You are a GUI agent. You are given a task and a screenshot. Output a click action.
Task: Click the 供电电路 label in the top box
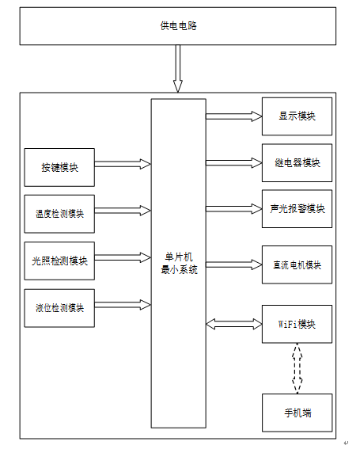click(178, 26)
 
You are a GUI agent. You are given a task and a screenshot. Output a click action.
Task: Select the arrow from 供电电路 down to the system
click(178, 68)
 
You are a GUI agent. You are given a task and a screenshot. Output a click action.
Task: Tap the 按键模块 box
click(59, 167)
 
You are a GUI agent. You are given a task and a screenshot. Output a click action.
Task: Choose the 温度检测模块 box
click(59, 214)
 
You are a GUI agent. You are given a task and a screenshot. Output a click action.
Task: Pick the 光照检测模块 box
click(59, 261)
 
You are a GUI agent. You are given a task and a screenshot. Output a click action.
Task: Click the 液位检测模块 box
click(59, 308)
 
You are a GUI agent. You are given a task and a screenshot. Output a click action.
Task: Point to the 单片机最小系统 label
click(179, 264)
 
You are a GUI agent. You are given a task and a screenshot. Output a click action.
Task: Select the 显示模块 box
click(297, 116)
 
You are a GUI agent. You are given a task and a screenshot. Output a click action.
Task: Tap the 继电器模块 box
click(297, 162)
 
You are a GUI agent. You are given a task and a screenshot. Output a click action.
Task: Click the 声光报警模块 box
click(297, 209)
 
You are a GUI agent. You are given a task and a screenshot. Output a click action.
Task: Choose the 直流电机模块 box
click(297, 264)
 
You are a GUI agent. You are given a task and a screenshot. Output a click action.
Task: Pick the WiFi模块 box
click(297, 324)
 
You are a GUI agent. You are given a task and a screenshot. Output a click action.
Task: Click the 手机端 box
click(297, 413)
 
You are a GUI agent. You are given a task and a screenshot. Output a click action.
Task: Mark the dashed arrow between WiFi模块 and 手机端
click(297, 368)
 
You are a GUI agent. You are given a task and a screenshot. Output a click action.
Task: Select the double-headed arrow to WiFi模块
click(234, 324)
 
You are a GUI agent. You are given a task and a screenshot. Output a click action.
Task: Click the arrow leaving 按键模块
click(123, 164)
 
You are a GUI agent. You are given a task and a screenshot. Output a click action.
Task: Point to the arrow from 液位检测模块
click(123, 305)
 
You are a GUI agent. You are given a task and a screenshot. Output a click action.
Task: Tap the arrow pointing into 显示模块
click(234, 116)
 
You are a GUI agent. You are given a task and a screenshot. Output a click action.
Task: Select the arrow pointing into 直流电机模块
click(234, 264)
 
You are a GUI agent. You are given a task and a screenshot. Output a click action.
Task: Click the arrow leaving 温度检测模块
click(123, 211)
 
